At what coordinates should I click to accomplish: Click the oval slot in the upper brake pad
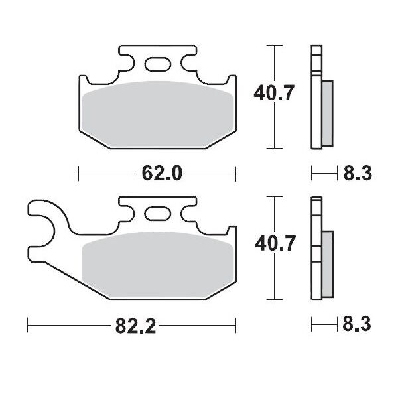point(158,64)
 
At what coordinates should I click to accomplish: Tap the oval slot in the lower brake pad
point(158,214)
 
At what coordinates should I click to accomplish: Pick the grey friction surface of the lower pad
point(157,263)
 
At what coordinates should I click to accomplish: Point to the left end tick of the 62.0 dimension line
point(79,174)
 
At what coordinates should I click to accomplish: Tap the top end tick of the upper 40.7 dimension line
point(273,45)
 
